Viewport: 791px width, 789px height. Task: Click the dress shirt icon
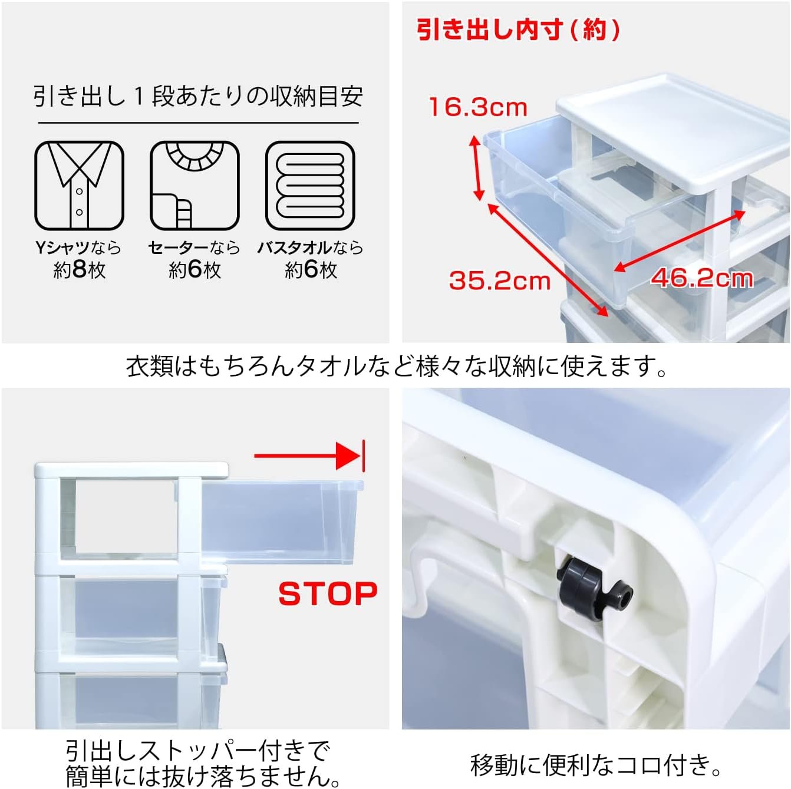(79, 186)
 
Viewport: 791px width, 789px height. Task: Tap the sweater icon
(195, 186)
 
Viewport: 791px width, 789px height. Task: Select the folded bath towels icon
(310, 186)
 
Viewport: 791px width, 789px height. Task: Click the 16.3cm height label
(478, 107)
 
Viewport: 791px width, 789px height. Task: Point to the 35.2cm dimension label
(500, 281)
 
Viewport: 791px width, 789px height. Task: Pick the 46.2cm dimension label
(702, 278)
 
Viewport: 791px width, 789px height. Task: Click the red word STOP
(328, 593)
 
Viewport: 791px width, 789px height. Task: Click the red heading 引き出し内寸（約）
(518, 29)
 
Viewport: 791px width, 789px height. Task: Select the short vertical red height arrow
(477, 169)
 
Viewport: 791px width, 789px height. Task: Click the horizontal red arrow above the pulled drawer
(309, 456)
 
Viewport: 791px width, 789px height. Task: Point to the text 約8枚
(79, 270)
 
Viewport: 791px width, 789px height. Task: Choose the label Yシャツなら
(78, 247)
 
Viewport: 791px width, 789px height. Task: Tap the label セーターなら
(194, 247)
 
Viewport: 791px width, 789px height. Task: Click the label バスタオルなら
(310, 247)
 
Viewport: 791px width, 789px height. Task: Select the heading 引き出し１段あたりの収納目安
(198, 97)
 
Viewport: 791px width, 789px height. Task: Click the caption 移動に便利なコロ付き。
(596, 765)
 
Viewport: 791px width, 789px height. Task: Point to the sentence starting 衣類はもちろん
(396, 366)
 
